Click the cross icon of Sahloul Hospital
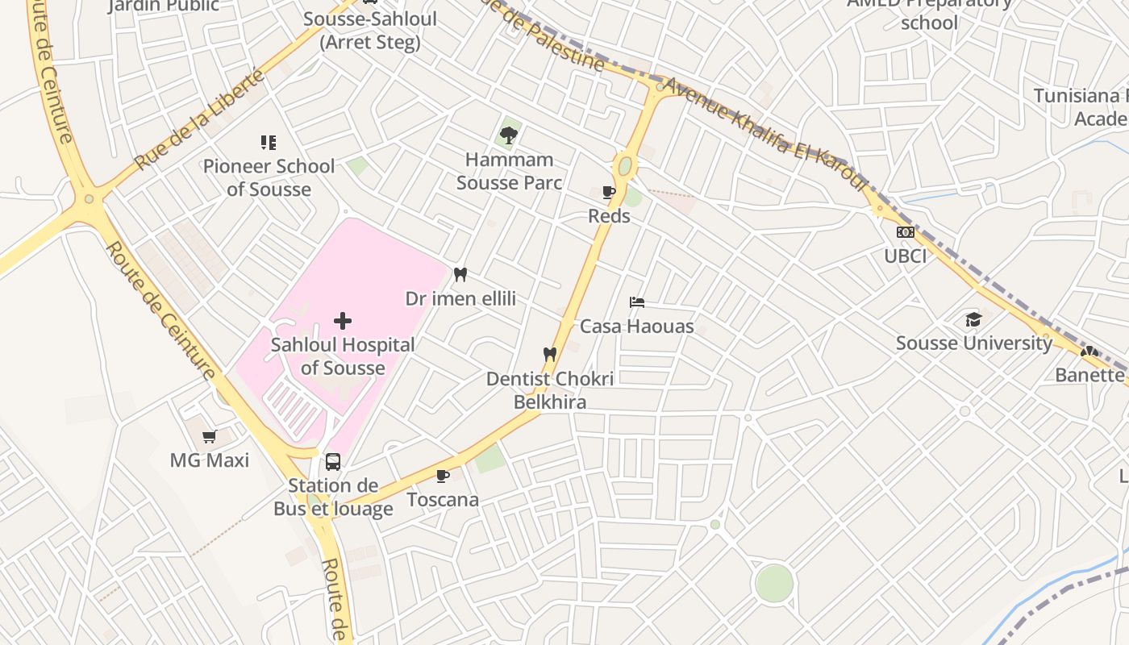click(x=343, y=322)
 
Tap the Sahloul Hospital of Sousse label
click(x=343, y=356)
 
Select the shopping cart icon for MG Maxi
click(x=210, y=437)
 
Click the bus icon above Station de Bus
click(x=332, y=462)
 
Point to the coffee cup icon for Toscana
click(x=442, y=476)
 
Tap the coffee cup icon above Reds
click(x=609, y=193)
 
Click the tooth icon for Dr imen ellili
click(x=460, y=275)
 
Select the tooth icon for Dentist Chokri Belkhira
click(x=550, y=354)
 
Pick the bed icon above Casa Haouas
click(x=637, y=302)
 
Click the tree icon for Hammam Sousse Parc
click(x=509, y=135)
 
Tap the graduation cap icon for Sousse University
click(x=973, y=320)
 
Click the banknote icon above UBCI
click(x=905, y=232)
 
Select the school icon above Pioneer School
click(x=269, y=143)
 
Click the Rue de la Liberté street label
click(x=199, y=119)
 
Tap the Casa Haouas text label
click(x=637, y=327)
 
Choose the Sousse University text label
click(x=974, y=343)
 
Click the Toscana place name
click(x=443, y=500)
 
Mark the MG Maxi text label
click(x=210, y=460)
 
